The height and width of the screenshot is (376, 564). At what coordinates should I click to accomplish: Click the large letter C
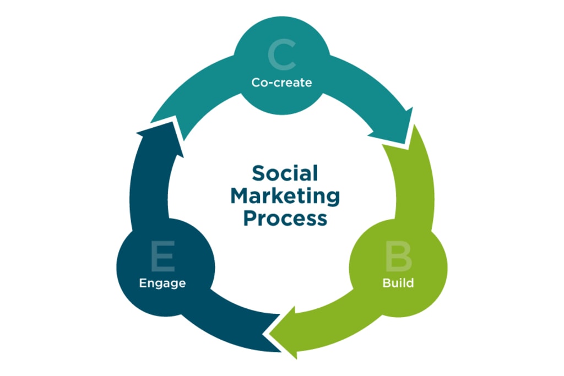281,56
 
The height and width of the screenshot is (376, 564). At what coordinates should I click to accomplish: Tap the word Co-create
281,83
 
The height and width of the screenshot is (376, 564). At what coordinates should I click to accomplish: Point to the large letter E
162,257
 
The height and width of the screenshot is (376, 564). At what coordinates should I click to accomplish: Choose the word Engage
162,284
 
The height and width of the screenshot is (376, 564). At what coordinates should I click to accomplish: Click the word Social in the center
285,173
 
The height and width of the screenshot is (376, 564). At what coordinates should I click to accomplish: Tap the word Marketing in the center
285,195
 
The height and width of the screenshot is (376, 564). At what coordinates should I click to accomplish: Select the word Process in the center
285,218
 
